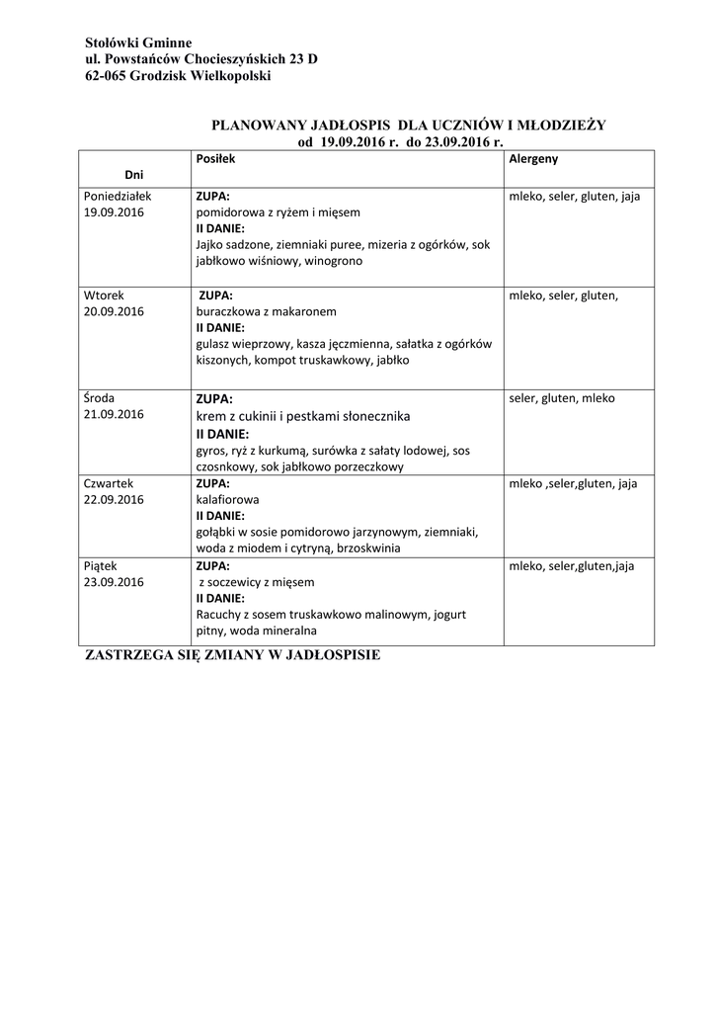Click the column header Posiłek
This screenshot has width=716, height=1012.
point(214,158)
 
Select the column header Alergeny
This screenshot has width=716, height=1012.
point(533,158)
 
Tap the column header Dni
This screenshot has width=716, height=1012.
point(133,174)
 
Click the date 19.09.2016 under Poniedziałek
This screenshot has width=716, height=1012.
point(115,212)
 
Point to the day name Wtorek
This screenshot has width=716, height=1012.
point(104,295)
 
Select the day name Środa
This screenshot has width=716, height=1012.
point(100,398)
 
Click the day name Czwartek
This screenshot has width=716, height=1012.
point(109,483)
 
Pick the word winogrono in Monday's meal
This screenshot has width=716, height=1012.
point(334,262)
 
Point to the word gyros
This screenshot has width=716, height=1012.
point(211,451)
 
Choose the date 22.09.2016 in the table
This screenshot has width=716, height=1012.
point(115,500)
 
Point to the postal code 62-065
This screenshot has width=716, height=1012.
point(106,76)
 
